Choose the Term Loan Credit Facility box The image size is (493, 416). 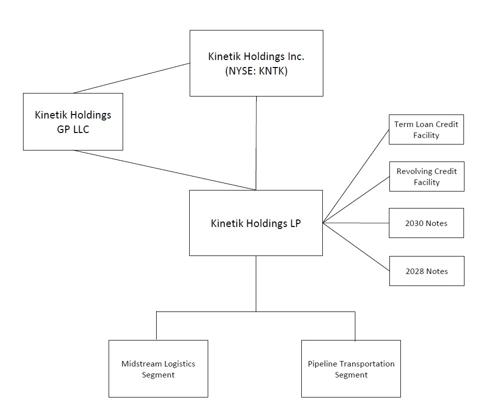point(426,129)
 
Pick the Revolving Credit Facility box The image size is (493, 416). point(426,176)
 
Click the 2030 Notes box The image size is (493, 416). point(426,223)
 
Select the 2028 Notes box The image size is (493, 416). point(426,271)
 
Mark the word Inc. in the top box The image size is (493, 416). point(293,56)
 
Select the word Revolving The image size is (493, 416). point(414,171)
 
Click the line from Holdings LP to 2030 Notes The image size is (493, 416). point(356,223)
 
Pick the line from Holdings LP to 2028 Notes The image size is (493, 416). point(356,247)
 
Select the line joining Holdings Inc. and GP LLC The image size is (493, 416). point(132,78)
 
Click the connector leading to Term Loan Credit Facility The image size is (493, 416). point(356,176)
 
